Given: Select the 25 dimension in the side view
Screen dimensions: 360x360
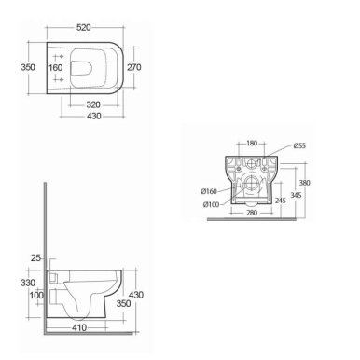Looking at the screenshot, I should pos(35,256).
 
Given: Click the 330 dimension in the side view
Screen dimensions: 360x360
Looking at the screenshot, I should pos(28,283).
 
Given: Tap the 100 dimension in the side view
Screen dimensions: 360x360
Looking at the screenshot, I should pos(35,296).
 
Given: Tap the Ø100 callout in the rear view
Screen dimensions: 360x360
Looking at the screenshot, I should pos(210,204).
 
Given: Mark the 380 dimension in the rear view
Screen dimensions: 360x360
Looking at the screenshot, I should pos(316,183).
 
